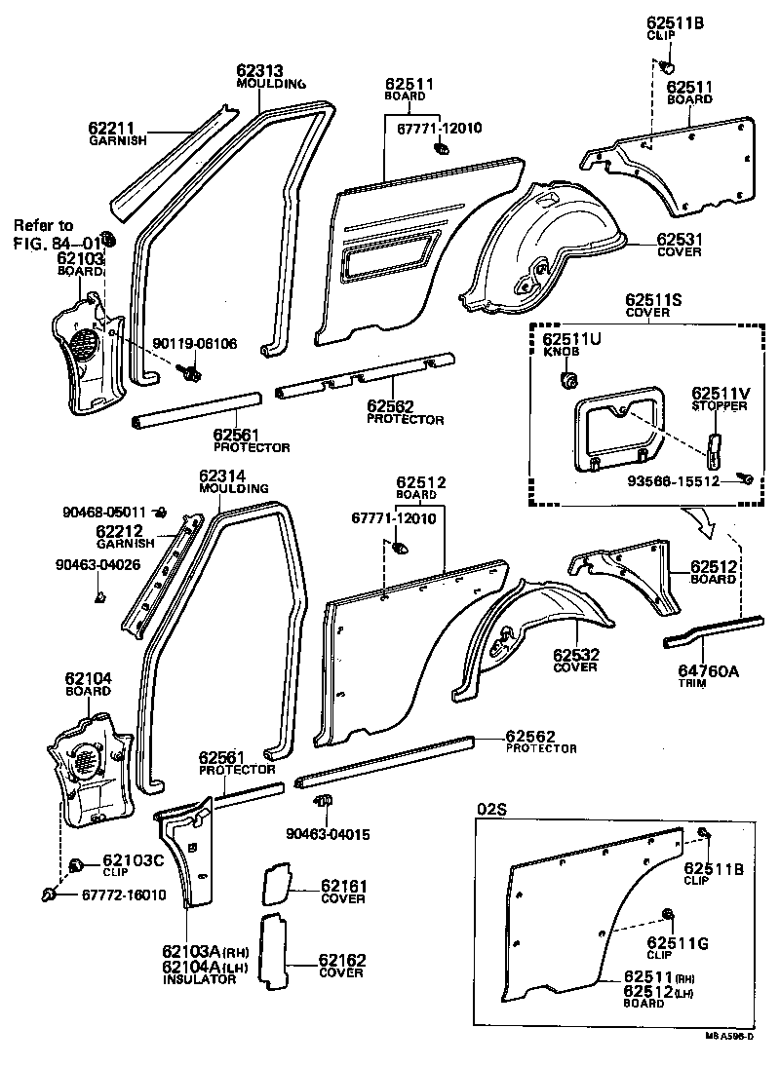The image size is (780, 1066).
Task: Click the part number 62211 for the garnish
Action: pos(111,128)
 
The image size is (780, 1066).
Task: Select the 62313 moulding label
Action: pos(259,70)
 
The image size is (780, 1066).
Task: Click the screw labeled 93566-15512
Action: pos(746,477)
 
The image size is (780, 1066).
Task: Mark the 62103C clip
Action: pos(75,865)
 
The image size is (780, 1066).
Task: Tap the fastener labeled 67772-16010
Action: pos(50,894)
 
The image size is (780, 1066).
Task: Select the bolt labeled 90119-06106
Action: pos(190,371)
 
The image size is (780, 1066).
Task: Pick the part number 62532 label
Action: pos(575,655)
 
